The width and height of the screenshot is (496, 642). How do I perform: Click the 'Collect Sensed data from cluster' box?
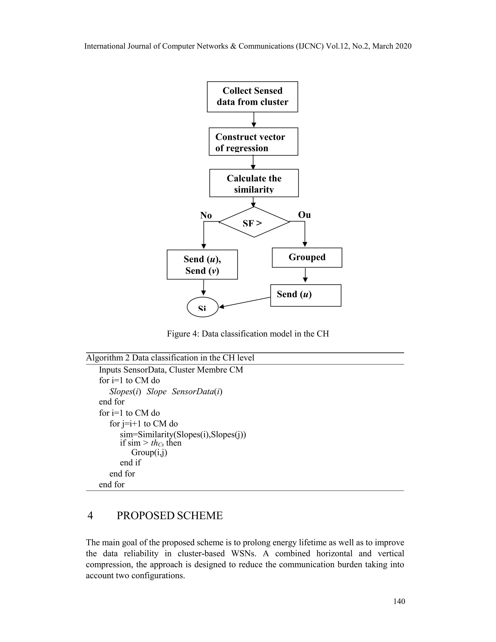coord(252,97)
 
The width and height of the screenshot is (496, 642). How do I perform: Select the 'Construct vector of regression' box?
coord(253,142)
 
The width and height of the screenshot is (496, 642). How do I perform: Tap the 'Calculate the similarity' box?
coord(254,183)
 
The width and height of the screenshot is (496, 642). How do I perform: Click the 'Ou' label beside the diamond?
coord(304,215)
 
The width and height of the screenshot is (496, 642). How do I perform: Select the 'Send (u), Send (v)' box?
coord(202,265)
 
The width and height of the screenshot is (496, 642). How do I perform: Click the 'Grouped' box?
coord(307,258)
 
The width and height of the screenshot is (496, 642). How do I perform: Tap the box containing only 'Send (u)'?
coord(306,295)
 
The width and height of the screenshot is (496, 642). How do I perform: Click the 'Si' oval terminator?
coord(202,307)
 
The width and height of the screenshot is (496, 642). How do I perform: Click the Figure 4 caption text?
coord(248,334)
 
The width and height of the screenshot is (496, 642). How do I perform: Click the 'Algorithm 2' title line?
coord(170,358)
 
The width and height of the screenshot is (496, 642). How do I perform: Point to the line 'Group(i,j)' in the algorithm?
coord(149,452)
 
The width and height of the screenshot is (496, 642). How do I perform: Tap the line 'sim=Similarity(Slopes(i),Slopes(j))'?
coord(183,434)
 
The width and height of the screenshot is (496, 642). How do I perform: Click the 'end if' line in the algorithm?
coord(130,463)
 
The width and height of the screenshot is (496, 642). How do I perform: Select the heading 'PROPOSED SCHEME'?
coord(170,516)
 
